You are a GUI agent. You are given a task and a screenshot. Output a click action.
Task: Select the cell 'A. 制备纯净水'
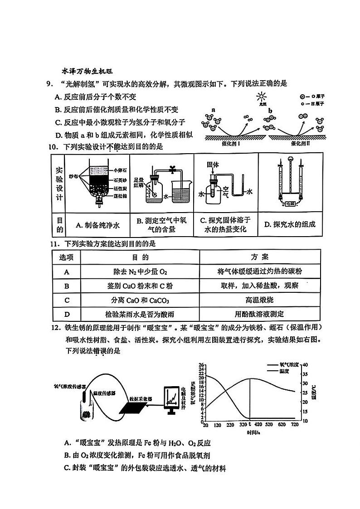tap(97, 224)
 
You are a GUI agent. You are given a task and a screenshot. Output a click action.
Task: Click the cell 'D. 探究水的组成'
tap(289, 224)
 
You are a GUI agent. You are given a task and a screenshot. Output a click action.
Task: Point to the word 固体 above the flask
tap(213, 165)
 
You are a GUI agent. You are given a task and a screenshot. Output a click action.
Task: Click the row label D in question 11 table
tap(67, 314)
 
